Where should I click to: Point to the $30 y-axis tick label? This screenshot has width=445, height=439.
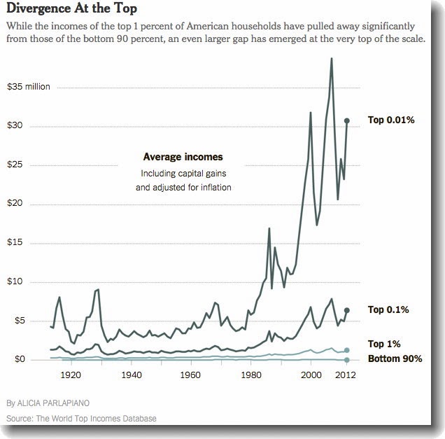15,126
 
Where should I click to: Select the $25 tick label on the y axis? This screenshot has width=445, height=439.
15,165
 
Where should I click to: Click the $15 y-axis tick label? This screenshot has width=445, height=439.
15,243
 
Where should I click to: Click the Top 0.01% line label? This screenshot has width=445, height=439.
391,120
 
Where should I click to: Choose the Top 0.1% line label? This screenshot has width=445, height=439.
388,309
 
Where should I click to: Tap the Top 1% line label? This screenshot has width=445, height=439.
383,344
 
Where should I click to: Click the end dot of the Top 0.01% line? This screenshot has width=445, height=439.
347,120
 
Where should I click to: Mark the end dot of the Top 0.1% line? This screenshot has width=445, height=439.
347,309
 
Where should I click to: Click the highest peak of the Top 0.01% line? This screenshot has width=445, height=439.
331,58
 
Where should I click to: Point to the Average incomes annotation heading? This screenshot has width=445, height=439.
183,157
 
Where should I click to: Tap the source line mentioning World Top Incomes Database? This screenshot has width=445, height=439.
81,418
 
